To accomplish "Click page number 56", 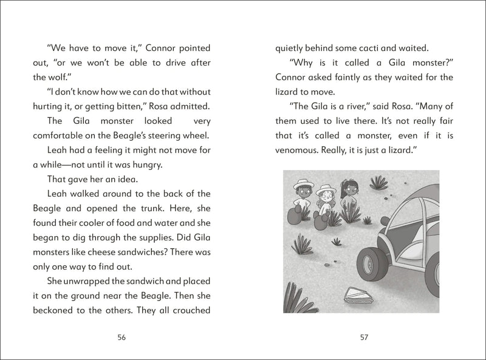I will [x=122, y=338].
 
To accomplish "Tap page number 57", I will [x=364, y=338].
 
